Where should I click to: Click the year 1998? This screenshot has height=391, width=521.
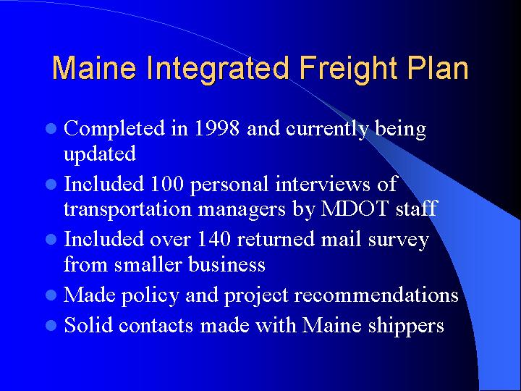pos(218,129)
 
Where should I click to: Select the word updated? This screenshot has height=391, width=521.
pos(100,154)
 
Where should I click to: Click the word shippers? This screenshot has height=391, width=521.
pos(407,327)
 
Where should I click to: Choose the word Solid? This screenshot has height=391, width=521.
pos(88,325)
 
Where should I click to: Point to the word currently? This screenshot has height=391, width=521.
pos(327,130)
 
